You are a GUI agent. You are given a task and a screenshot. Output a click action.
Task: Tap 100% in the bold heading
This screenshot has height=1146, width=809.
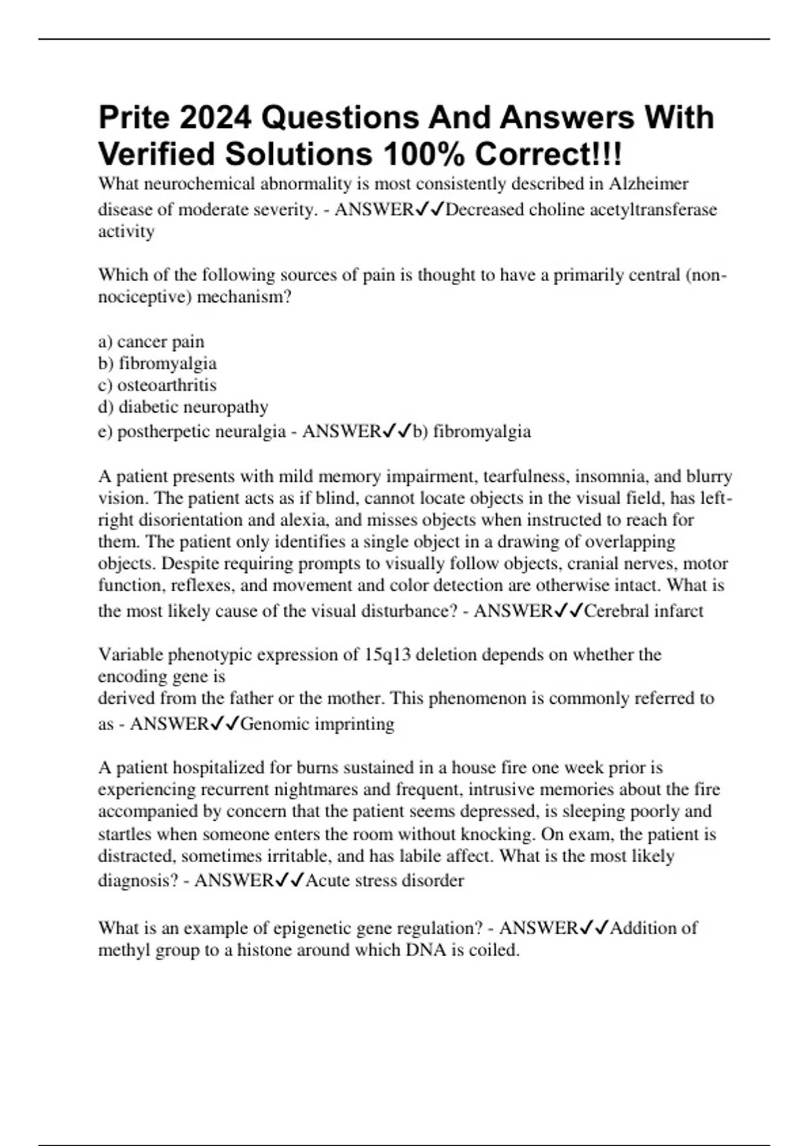pyautogui.click(x=421, y=154)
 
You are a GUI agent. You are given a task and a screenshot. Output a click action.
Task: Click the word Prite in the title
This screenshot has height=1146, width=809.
pyautogui.click(x=133, y=118)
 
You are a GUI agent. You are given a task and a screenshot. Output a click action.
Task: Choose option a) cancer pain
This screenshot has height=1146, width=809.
pyautogui.click(x=151, y=342)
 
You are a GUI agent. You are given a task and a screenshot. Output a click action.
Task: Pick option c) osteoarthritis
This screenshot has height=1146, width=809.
pyautogui.click(x=157, y=385)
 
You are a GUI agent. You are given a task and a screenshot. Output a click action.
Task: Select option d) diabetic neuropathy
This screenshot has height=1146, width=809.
pyautogui.click(x=183, y=407)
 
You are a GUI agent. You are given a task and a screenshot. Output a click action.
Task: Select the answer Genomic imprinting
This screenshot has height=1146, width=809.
pyautogui.click(x=317, y=724)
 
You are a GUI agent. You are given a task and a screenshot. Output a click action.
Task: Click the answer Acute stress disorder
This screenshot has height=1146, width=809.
pyautogui.click(x=384, y=880)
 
